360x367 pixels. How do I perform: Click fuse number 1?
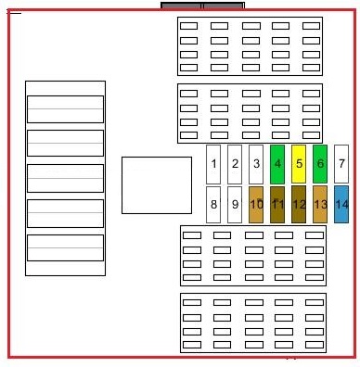coord(213,164)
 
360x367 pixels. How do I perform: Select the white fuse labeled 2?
coord(235,164)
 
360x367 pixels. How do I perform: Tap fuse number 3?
coord(256,164)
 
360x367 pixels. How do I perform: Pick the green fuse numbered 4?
coord(277,164)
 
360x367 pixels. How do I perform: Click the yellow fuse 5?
coord(299,164)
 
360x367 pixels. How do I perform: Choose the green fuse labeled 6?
coord(320,164)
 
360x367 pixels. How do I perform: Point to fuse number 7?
coord(341,164)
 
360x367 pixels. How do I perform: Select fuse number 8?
coord(213,205)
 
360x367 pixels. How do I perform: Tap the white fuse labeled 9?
coord(235,205)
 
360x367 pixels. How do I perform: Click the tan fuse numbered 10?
coord(256,205)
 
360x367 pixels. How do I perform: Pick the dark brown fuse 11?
coord(277,205)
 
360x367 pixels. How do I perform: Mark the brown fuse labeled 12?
coord(299,205)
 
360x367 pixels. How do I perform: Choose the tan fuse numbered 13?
coord(320,205)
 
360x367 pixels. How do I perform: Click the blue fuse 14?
coord(341,205)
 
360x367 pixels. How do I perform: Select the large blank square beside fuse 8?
coord(157,185)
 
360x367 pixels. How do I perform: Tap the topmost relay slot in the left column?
coord(65,109)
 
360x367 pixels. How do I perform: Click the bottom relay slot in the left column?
coord(65,247)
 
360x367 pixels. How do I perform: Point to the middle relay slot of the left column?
coord(65,178)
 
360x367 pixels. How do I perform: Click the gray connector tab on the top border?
coord(202,6)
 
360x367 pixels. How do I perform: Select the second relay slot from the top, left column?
coord(65,143)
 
